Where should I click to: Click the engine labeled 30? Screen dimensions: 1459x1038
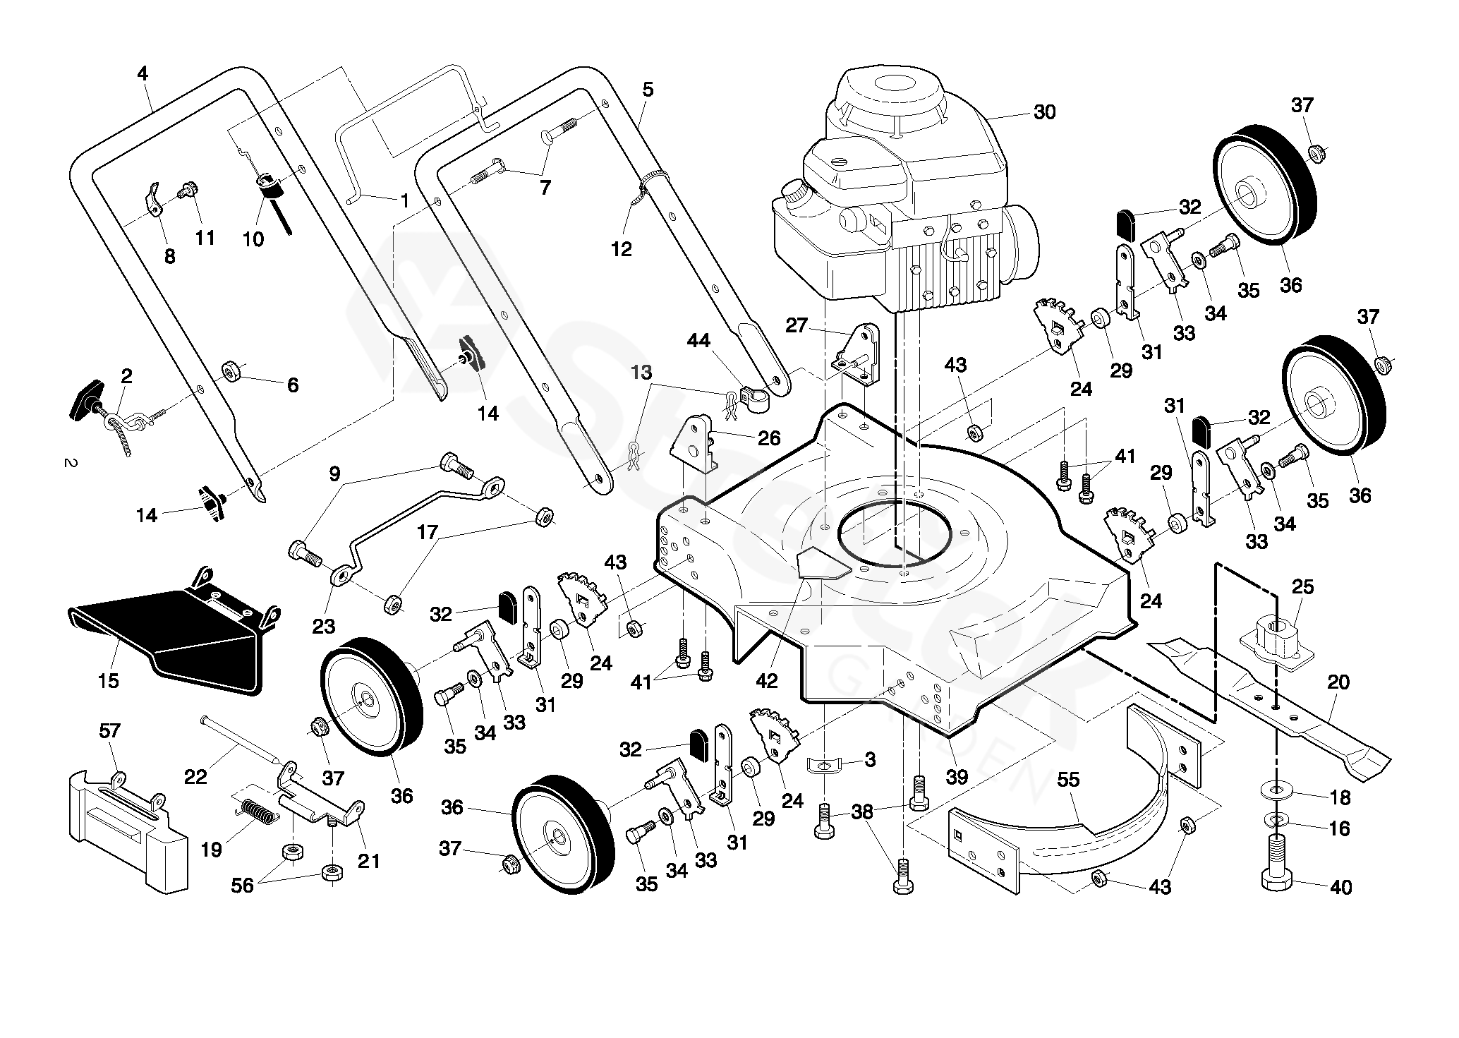point(907,194)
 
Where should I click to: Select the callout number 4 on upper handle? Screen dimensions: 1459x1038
point(143,73)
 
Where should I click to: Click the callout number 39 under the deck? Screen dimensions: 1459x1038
point(957,777)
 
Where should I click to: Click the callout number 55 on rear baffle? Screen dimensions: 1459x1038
point(1069,780)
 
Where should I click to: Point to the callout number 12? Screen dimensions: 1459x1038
point(622,249)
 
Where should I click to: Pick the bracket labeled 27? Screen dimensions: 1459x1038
point(858,355)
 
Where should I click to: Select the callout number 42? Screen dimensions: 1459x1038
point(767,681)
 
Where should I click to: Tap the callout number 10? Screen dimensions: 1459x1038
point(253,239)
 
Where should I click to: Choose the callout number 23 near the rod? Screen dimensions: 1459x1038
point(324,625)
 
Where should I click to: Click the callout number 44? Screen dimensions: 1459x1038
point(698,342)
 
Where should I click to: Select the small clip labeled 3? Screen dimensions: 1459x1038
point(826,764)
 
